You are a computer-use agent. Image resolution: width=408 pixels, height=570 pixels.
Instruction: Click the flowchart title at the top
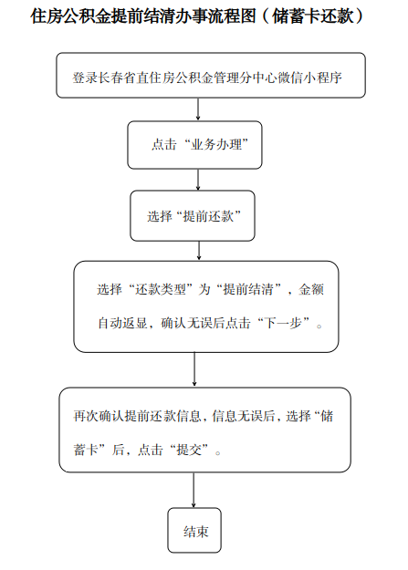coord(197,16)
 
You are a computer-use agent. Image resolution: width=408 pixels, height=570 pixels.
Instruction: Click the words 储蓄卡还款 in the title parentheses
coord(313,16)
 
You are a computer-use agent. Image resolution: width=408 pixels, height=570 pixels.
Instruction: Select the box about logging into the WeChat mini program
coord(211,76)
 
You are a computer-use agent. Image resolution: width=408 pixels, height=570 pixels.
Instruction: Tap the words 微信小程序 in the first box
coord(310,78)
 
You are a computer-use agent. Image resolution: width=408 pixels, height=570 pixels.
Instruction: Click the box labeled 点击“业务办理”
coord(194,145)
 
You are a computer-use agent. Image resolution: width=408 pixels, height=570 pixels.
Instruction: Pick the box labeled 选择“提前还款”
coord(193,216)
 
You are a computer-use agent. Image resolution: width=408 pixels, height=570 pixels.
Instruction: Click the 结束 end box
coord(194,531)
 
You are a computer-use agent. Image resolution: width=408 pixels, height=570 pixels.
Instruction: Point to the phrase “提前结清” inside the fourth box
coord(248,289)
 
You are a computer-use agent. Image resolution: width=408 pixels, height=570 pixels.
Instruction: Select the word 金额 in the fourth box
coord(311,289)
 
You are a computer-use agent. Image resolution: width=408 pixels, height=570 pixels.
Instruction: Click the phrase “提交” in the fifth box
coord(189,450)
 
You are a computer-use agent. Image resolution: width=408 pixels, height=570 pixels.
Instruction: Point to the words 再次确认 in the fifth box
coord(99,416)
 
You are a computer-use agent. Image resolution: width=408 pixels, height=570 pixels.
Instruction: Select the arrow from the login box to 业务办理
coord(198,109)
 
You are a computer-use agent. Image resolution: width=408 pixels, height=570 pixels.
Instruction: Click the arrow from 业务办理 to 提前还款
coord(198,180)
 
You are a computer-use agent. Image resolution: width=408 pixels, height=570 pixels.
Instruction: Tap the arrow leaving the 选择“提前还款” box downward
coord(199,251)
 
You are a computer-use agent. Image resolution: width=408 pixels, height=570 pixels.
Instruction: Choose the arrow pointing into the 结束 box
coord(194,490)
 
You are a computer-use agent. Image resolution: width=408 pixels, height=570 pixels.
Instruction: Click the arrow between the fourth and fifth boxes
coord(194,369)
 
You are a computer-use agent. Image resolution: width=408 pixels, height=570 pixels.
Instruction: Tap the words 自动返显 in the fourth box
coord(122,323)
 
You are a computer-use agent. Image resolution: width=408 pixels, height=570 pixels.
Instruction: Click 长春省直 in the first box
coord(124,78)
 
